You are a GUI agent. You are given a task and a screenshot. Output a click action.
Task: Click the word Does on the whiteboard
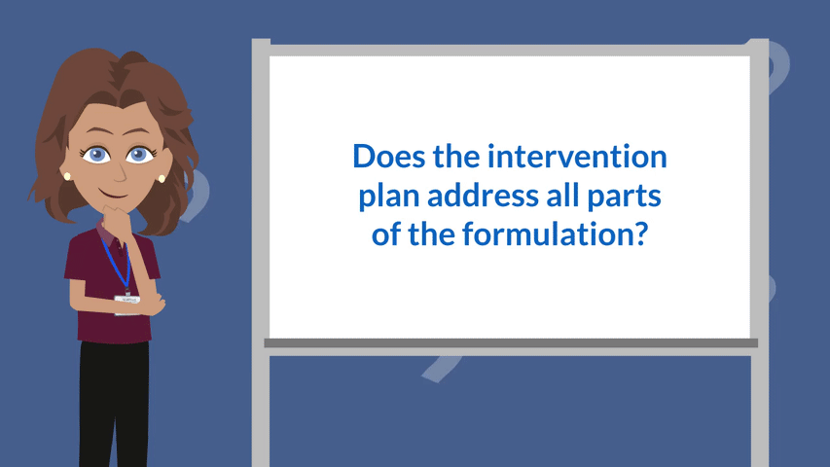[389, 157]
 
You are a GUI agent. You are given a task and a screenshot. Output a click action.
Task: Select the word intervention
[577, 157]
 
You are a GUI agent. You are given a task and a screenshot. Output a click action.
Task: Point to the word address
[483, 196]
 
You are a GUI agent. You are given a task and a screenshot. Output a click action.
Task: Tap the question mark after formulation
[640, 233]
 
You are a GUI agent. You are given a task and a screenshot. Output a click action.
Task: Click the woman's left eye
[139, 155]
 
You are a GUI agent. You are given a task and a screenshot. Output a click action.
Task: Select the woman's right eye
[96, 155]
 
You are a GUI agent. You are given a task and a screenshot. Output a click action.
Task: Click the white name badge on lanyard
[127, 301]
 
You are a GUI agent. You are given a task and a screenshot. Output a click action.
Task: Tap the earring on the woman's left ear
[162, 178]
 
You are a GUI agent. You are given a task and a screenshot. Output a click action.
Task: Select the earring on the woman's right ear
[67, 176]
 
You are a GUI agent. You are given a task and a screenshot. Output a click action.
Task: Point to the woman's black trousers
[114, 404]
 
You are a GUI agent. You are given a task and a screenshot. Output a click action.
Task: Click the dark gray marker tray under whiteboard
[511, 343]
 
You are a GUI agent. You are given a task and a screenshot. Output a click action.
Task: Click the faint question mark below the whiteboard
[441, 368]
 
